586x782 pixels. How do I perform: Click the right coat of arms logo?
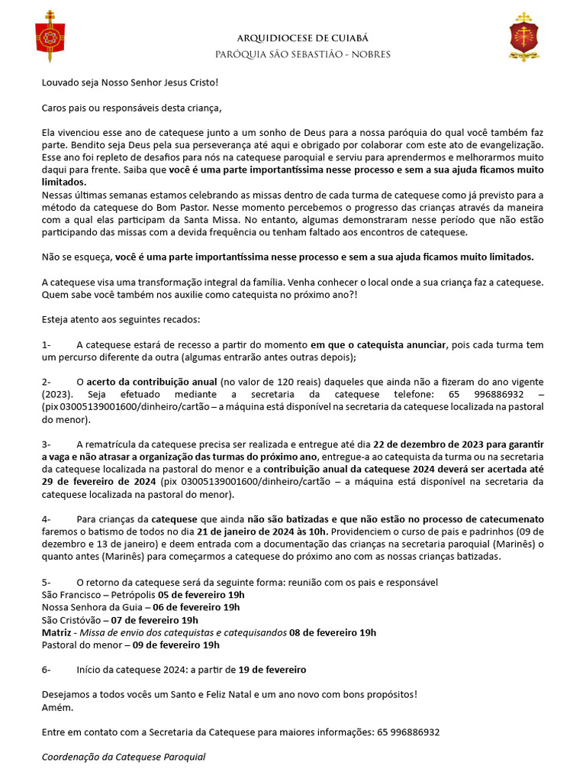(x=523, y=37)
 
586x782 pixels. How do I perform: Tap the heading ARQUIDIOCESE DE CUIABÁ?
(x=292, y=38)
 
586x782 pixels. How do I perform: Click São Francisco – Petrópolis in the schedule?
(x=98, y=594)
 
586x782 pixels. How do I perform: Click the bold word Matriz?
(x=56, y=632)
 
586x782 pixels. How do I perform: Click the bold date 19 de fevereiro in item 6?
(x=272, y=670)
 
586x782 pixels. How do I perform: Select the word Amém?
(x=57, y=707)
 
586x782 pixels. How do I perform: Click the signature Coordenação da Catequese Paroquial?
(x=123, y=757)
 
